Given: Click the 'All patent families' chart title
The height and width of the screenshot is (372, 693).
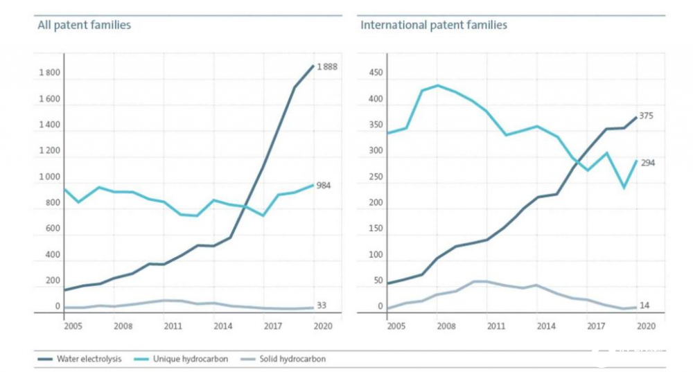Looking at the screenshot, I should click(x=84, y=25).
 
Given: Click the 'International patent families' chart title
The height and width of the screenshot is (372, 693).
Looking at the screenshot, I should click(x=434, y=25).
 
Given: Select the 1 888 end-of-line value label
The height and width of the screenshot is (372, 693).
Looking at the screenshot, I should click(x=327, y=67).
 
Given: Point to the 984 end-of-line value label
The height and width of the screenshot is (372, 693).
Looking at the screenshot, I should click(x=323, y=186).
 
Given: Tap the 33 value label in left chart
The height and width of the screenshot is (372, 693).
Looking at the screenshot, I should click(x=321, y=305).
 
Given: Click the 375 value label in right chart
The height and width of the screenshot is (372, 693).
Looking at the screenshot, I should click(x=646, y=116).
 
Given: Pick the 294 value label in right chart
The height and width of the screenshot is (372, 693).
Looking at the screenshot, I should click(x=647, y=163).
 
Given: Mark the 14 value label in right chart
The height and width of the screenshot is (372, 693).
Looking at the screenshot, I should click(x=644, y=305).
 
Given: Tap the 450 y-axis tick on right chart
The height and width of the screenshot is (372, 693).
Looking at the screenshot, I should click(x=375, y=73).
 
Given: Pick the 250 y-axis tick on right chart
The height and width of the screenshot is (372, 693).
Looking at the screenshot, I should click(x=375, y=177).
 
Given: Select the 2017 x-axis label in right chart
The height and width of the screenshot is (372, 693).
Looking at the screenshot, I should click(x=595, y=326).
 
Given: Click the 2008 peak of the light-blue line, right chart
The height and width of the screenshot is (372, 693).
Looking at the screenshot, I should click(x=437, y=85).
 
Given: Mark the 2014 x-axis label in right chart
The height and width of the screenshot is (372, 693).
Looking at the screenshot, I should click(x=545, y=326).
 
